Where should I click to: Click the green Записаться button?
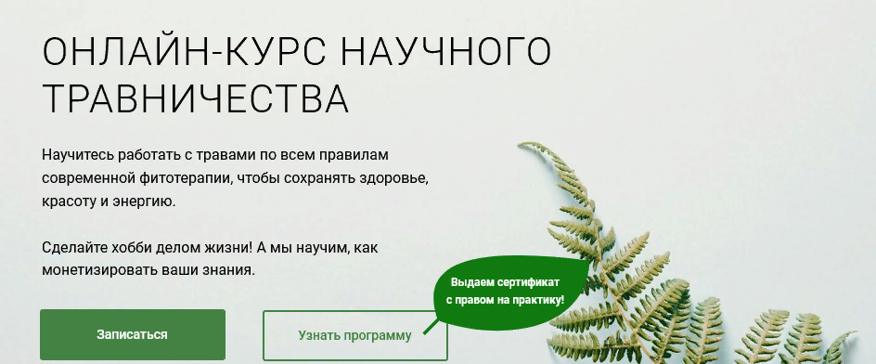click(x=133, y=334)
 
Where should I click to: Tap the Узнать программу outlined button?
click(x=355, y=335)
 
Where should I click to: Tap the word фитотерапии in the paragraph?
click(x=187, y=175)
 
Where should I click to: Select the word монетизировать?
click(x=97, y=271)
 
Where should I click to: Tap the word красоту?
click(x=68, y=200)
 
